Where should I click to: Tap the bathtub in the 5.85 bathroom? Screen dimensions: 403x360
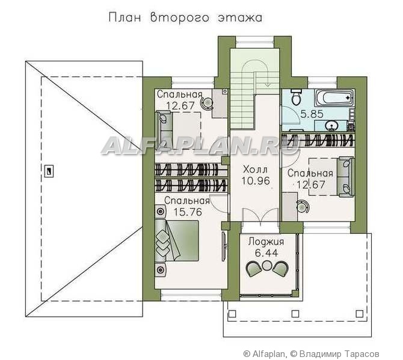click(335, 99)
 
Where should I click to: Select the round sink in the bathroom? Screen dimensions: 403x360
click(332, 126)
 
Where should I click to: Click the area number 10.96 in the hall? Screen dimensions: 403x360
click(256, 181)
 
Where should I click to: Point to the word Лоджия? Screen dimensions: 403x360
click(266, 242)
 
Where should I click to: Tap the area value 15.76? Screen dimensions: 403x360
click(188, 212)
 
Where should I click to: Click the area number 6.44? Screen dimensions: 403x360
click(266, 253)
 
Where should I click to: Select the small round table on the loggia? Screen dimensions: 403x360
click(267, 265)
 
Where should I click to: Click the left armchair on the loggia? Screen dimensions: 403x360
click(254, 269)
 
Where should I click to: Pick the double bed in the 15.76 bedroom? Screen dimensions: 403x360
click(177, 241)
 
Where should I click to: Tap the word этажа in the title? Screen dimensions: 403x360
click(240, 18)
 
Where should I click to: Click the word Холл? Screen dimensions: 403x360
click(255, 169)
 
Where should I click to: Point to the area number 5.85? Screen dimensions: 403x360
click(312, 114)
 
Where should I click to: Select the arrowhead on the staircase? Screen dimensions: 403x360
click(268, 84)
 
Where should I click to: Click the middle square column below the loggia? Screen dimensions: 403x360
click(295, 314)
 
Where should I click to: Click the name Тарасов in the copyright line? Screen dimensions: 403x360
click(362, 354)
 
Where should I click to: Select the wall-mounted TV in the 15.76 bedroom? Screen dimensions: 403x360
click(224, 246)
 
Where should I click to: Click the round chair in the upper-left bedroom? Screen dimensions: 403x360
click(207, 103)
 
